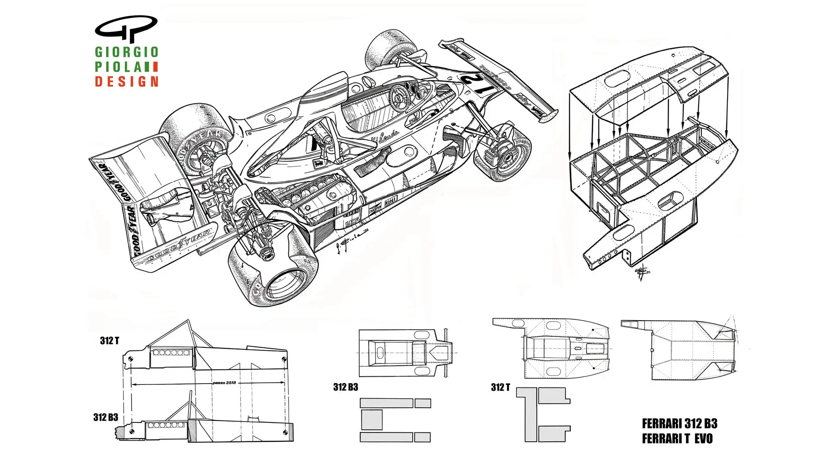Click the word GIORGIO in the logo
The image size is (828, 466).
(x=126, y=52)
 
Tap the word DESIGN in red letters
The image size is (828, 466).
(x=126, y=81)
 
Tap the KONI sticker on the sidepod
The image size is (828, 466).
(x=391, y=201)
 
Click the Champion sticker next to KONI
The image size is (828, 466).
(x=374, y=209)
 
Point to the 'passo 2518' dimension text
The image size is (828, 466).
(x=225, y=383)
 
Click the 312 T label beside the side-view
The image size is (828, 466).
(x=109, y=341)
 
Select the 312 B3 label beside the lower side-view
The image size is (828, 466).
(x=106, y=417)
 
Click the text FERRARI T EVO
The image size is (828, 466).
(x=677, y=439)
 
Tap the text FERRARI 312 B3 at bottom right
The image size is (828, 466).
(x=679, y=423)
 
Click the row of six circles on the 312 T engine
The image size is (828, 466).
(x=172, y=353)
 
